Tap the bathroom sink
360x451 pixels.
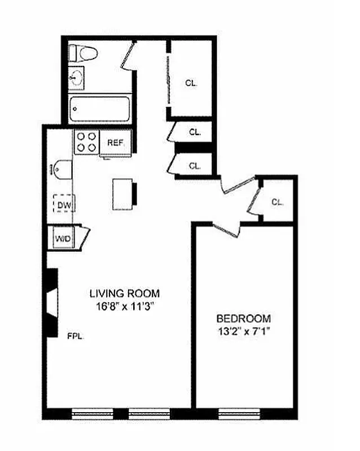[76, 78]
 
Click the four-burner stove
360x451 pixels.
[86, 141]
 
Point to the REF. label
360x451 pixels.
[115, 143]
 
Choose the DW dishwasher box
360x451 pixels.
[64, 204]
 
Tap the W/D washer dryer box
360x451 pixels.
[63, 238]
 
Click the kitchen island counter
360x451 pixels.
[122, 192]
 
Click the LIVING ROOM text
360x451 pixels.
[125, 294]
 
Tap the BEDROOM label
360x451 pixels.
[244, 318]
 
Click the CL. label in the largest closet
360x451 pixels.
[191, 83]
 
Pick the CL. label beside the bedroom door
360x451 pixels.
[276, 202]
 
